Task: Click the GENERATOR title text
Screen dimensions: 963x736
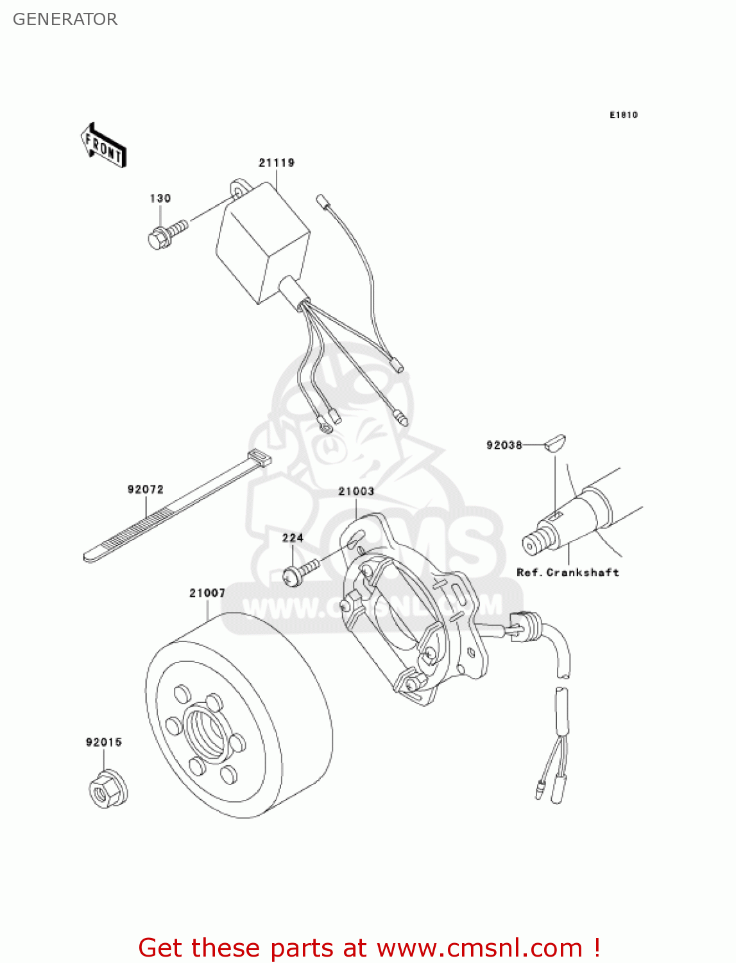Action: tap(65, 19)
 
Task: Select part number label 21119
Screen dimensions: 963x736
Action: tap(277, 162)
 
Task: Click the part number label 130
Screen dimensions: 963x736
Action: tap(160, 198)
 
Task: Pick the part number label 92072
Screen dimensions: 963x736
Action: tap(146, 489)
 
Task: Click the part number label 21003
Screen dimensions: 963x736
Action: tap(356, 491)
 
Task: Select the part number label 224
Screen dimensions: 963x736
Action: tap(293, 538)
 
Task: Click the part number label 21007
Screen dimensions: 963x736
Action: tap(207, 593)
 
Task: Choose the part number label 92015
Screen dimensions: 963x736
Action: tap(104, 742)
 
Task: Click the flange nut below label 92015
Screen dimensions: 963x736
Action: tap(107, 790)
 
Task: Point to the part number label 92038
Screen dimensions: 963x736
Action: tap(504, 445)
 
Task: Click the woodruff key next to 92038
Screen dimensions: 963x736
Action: tap(555, 443)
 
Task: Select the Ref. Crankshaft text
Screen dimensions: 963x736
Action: tap(568, 572)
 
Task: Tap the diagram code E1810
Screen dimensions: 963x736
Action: tap(623, 115)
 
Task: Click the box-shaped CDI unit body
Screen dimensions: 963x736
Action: tap(260, 244)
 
